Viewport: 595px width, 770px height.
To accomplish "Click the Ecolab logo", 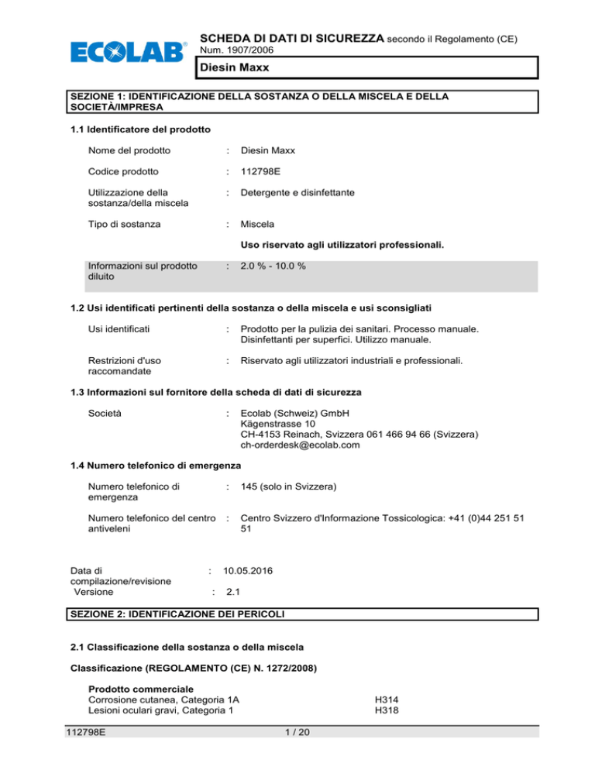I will coord(129,52).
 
